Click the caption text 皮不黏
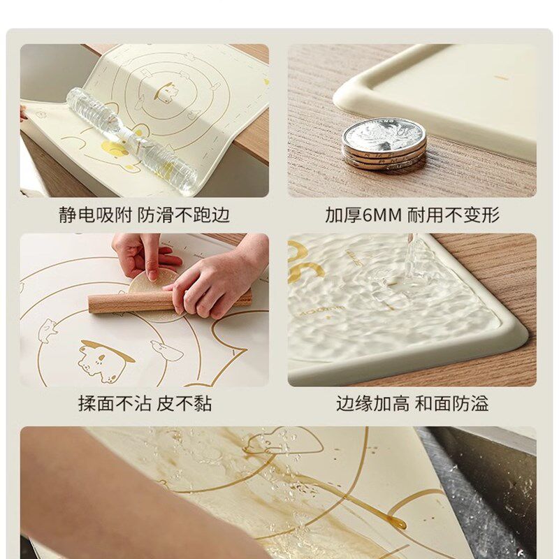184,403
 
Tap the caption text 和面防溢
452,403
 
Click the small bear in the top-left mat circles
165,91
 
